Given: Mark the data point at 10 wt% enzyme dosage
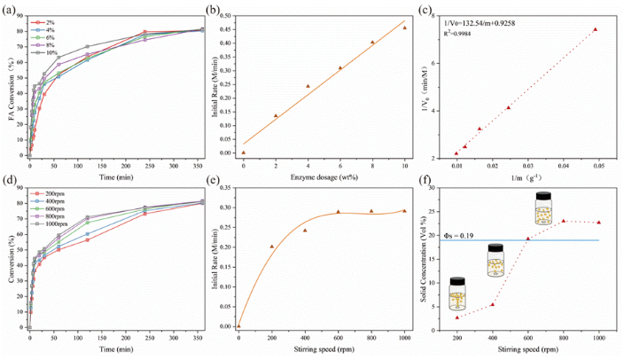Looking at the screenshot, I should pyautogui.click(x=405, y=28).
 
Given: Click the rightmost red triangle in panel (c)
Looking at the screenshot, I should pyautogui.click(x=595, y=29).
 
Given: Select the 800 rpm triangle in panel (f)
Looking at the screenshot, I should pyautogui.click(x=564, y=221).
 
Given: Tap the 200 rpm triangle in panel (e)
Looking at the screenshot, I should pyautogui.click(x=272, y=247).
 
